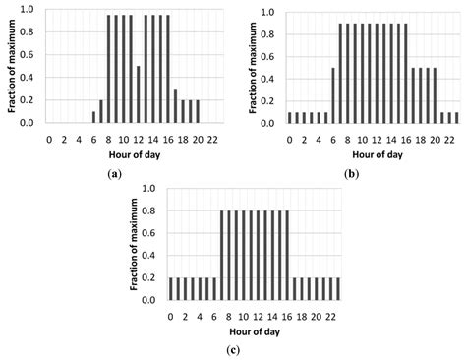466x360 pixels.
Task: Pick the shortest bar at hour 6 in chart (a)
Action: pyautogui.click(x=93, y=117)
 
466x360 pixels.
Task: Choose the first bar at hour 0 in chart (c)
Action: pyautogui.click(x=170, y=292)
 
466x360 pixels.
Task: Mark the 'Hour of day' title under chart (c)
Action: pyautogui.click(x=255, y=331)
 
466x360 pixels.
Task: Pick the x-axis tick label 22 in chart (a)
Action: pyautogui.click(x=213, y=139)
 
